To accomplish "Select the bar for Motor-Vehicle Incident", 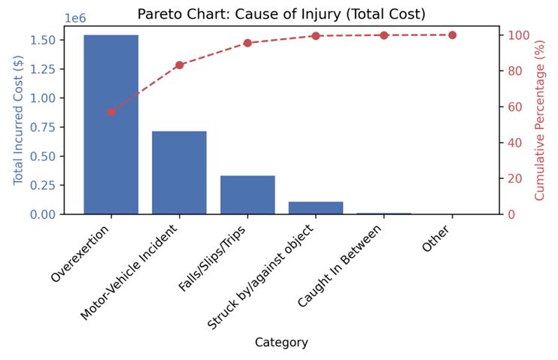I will (x=179, y=173).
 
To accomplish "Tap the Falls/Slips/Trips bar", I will (x=247, y=195).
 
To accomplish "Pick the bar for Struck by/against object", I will (x=316, y=207).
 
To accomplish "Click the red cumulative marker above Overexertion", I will (x=111, y=112).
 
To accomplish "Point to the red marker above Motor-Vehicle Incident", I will (x=179, y=65).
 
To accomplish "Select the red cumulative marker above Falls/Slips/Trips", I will (x=247, y=43).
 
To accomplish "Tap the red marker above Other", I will (x=452, y=35).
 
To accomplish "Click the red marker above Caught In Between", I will (x=384, y=35).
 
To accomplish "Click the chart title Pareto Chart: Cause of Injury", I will (x=281, y=14).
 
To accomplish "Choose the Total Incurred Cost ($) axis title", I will (x=19, y=120).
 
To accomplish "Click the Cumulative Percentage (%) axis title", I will (x=539, y=120).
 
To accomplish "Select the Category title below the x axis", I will (x=281, y=343).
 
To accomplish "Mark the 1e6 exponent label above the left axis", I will (x=75, y=18).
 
